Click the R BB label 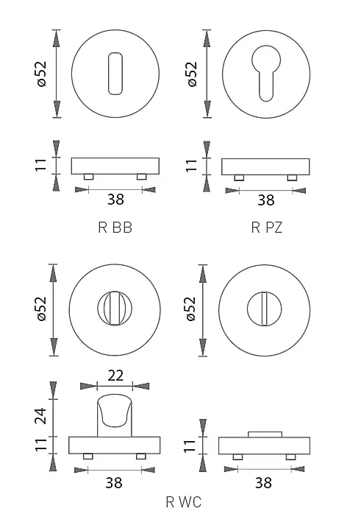point(115,227)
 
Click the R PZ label point(266,227)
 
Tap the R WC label point(183,502)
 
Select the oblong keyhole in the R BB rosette point(115,74)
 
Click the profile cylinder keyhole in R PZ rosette point(266,73)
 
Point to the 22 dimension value point(115,376)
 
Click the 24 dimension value point(42,415)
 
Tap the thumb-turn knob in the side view point(115,415)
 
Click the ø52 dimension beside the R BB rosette point(42,74)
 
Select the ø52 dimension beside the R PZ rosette point(192,74)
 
